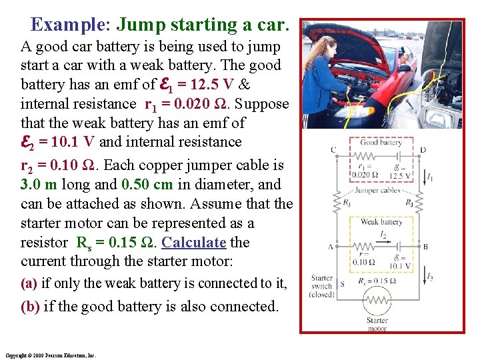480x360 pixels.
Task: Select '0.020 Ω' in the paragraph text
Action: point(217,104)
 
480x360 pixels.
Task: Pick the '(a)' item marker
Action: point(29,283)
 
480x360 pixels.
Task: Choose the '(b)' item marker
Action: point(29,307)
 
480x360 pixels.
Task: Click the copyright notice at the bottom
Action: point(50,355)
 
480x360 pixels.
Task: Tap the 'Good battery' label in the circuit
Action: point(381,142)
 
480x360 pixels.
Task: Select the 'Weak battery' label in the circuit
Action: point(381,221)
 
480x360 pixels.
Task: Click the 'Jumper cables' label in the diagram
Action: point(377,190)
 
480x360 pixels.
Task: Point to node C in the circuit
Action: point(333,150)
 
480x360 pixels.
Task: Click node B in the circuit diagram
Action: point(425,247)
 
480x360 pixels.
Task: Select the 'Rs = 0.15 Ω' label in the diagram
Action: point(382,281)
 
